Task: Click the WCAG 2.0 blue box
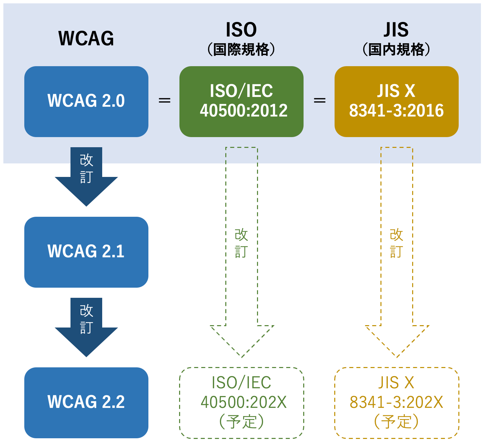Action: pyautogui.click(x=86, y=101)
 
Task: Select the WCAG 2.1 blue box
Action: pyautogui.click(x=86, y=252)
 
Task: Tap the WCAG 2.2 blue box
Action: pyautogui.click(x=86, y=402)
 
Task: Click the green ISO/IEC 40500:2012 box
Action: pyautogui.click(x=241, y=101)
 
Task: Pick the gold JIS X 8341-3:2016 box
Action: pyautogui.click(x=396, y=101)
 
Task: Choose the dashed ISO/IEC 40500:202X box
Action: pyautogui.click(x=241, y=402)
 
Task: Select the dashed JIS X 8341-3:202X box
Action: pyautogui.click(x=396, y=402)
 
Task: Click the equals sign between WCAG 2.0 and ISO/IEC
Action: pyautogui.click(x=164, y=101)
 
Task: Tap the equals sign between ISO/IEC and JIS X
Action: pyautogui.click(x=319, y=101)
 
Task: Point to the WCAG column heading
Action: pyautogui.click(x=86, y=38)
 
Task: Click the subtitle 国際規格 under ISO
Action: pyautogui.click(x=241, y=50)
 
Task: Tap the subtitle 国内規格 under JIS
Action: pyautogui.click(x=396, y=50)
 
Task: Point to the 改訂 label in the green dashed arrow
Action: pyautogui.click(x=241, y=243)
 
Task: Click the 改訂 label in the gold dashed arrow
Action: pyautogui.click(x=396, y=243)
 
